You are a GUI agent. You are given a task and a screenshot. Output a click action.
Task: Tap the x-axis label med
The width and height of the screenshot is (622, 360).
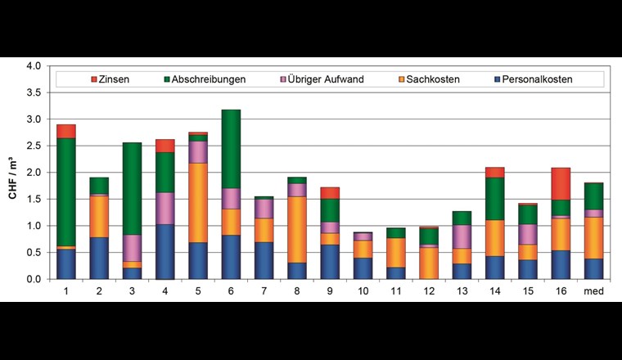pyautogui.click(x=594, y=290)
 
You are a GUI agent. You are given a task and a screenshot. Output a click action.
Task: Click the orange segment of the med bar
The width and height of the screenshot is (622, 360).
pyautogui.click(x=594, y=237)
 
